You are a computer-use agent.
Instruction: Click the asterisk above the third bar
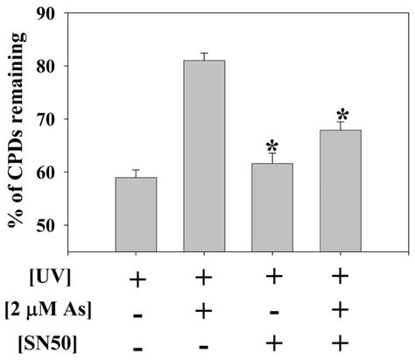pos(271,145)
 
